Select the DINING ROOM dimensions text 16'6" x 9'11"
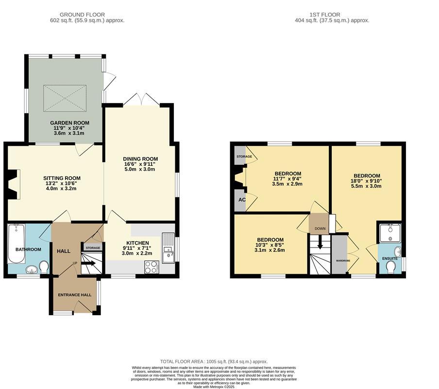(140, 164)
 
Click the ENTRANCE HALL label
(75, 295)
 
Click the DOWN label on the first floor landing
(320, 229)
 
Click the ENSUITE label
(390, 259)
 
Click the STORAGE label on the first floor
(244, 157)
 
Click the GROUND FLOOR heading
(87, 15)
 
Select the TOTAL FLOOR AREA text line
(214, 362)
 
